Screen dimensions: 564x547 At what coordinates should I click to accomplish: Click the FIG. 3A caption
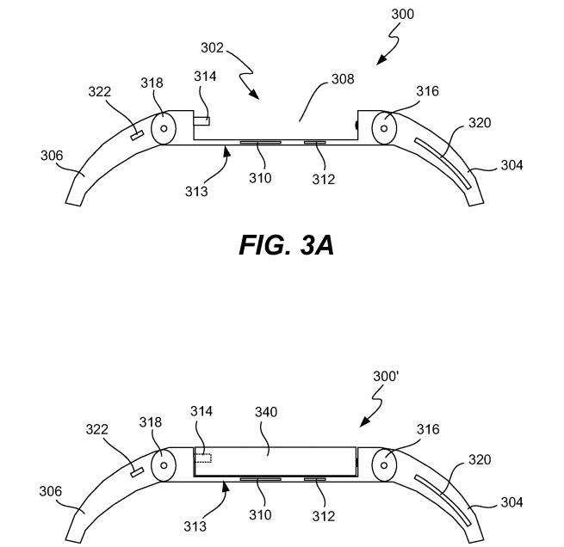287,245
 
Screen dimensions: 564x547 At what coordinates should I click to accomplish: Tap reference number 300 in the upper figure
402,14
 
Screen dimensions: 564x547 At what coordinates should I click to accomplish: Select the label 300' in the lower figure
386,377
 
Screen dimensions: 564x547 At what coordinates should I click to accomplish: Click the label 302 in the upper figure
212,48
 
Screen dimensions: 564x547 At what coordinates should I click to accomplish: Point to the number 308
343,79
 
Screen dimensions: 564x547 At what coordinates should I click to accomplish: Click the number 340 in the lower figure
266,412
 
